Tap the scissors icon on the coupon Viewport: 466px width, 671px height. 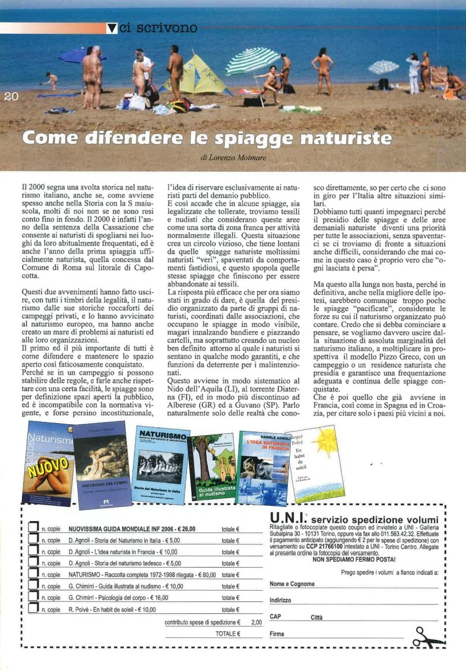click(x=429, y=637)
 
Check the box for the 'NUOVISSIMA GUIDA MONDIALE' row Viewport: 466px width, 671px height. click(x=34, y=528)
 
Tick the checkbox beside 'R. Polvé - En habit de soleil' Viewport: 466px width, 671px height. click(x=34, y=609)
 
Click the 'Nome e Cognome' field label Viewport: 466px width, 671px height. click(x=292, y=584)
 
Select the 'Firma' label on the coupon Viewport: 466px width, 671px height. click(x=277, y=634)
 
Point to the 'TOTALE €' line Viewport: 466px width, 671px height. click(x=228, y=634)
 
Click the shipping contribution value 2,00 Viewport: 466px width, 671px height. click(x=256, y=622)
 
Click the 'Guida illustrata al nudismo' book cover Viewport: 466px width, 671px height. click(x=212, y=468)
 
